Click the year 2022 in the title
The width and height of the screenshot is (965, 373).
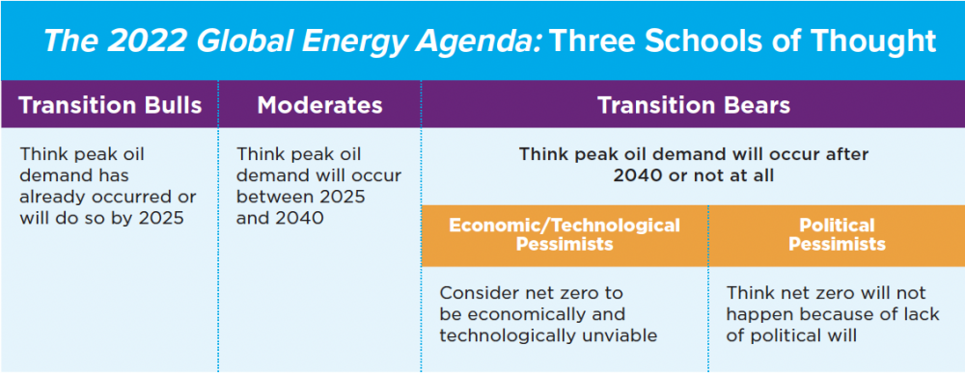coord(142,40)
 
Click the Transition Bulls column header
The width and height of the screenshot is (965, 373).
coord(109,105)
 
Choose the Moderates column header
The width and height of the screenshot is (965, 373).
coord(319,105)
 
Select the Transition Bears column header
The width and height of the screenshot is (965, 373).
coord(692,105)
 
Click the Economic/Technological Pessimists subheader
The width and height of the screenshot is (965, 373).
coord(564,234)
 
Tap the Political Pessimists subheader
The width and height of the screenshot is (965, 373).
coord(837,234)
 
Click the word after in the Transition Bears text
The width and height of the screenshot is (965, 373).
coord(847,154)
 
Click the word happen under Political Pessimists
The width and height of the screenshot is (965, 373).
coord(758,314)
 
